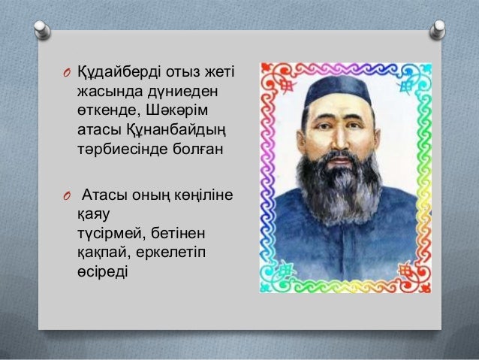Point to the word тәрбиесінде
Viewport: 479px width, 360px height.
tap(116, 147)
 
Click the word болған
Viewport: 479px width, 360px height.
tap(191, 147)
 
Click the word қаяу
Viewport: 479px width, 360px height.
tap(92, 214)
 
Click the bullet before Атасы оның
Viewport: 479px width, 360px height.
tap(65, 197)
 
